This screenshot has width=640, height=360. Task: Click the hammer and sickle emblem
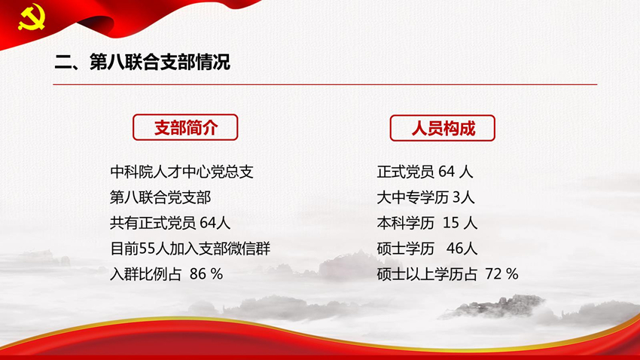(32, 17)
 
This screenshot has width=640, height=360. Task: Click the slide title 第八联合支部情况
(160, 62)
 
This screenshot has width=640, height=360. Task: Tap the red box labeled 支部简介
(185, 127)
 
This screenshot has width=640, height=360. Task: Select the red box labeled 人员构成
(443, 128)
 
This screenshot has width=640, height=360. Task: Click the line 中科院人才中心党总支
(181, 172)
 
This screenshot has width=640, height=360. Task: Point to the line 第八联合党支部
(160, 197)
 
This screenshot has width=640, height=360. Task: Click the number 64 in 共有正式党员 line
(208, 223)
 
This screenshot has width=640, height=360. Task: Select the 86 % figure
(206, 274)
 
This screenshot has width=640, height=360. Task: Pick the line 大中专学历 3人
(425, 197)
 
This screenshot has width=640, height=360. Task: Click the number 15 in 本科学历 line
(450, 223)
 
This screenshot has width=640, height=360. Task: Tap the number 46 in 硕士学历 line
(454, 249)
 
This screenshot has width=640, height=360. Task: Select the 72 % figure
(501, 274)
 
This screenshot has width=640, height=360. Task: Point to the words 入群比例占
(146, 274)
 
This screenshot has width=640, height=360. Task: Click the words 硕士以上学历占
(427, 274)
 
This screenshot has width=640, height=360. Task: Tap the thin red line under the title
(325, 84)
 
